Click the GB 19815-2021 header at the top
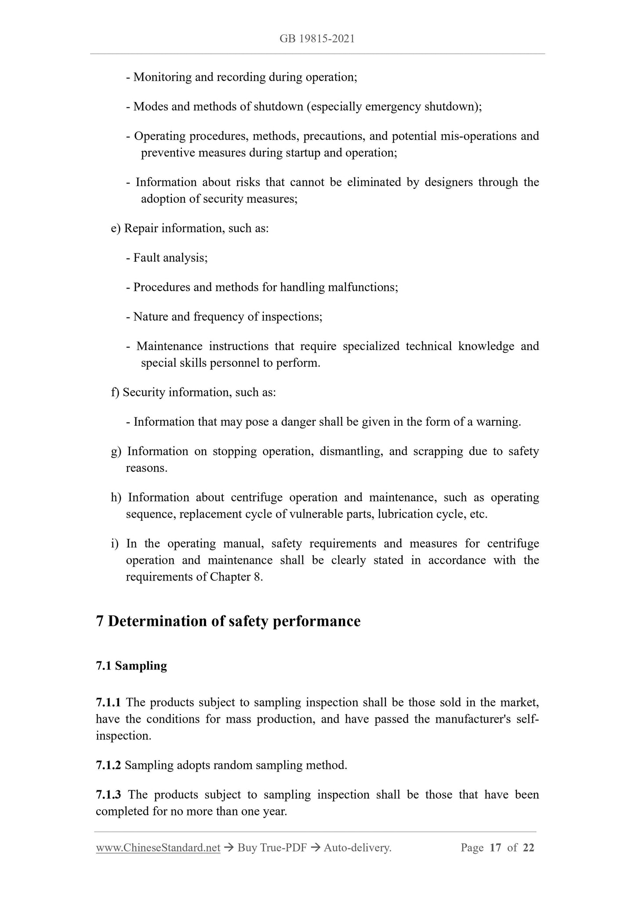click(317, 39)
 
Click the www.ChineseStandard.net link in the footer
click(158, 848)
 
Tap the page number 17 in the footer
click(495, 848)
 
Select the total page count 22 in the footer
click(529, 848)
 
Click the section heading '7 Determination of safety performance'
click(228, 621)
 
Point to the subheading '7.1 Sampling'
click(131, 666)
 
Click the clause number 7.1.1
click(108, 702)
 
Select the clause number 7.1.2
click(108, 765)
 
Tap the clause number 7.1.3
click(108, 795)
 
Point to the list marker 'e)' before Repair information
click(116, 229)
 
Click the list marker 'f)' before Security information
click(115, 392)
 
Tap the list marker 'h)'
click(116, 498)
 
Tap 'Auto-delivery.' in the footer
click(357, 848)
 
